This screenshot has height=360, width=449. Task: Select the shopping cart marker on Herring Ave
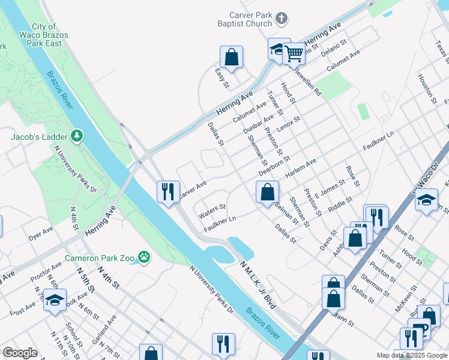pyautogui.click(x=294, y=53)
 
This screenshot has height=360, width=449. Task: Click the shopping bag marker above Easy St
pyautogui.click(x=231, y=57)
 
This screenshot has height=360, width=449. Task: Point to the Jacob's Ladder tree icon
pyautogui.click(x=77, y=137)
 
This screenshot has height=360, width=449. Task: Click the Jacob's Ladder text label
pyautogui.click(x=39, y=137)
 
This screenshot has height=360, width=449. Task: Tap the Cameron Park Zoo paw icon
pyautogui.click(x=144, y=258)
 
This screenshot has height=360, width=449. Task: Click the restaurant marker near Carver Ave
pyautogui.click(x=167, y=192)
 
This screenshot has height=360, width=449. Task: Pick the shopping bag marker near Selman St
pyautogui.click(x=268, y=193)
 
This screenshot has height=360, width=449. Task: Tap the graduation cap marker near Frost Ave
pyautogui.click(x=55, y=300)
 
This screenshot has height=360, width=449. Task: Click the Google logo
pyautogui.click(x=20, y=353)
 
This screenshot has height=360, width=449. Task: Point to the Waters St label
pyautogui.click(x=212, y=209)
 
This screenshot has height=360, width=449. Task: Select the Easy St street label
pyautogui.click(x=222, y=79)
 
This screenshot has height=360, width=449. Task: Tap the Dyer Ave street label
pyautogui.click(x=41, y=235)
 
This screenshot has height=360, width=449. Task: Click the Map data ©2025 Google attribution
pyautogui.click(x=411, y=355)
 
